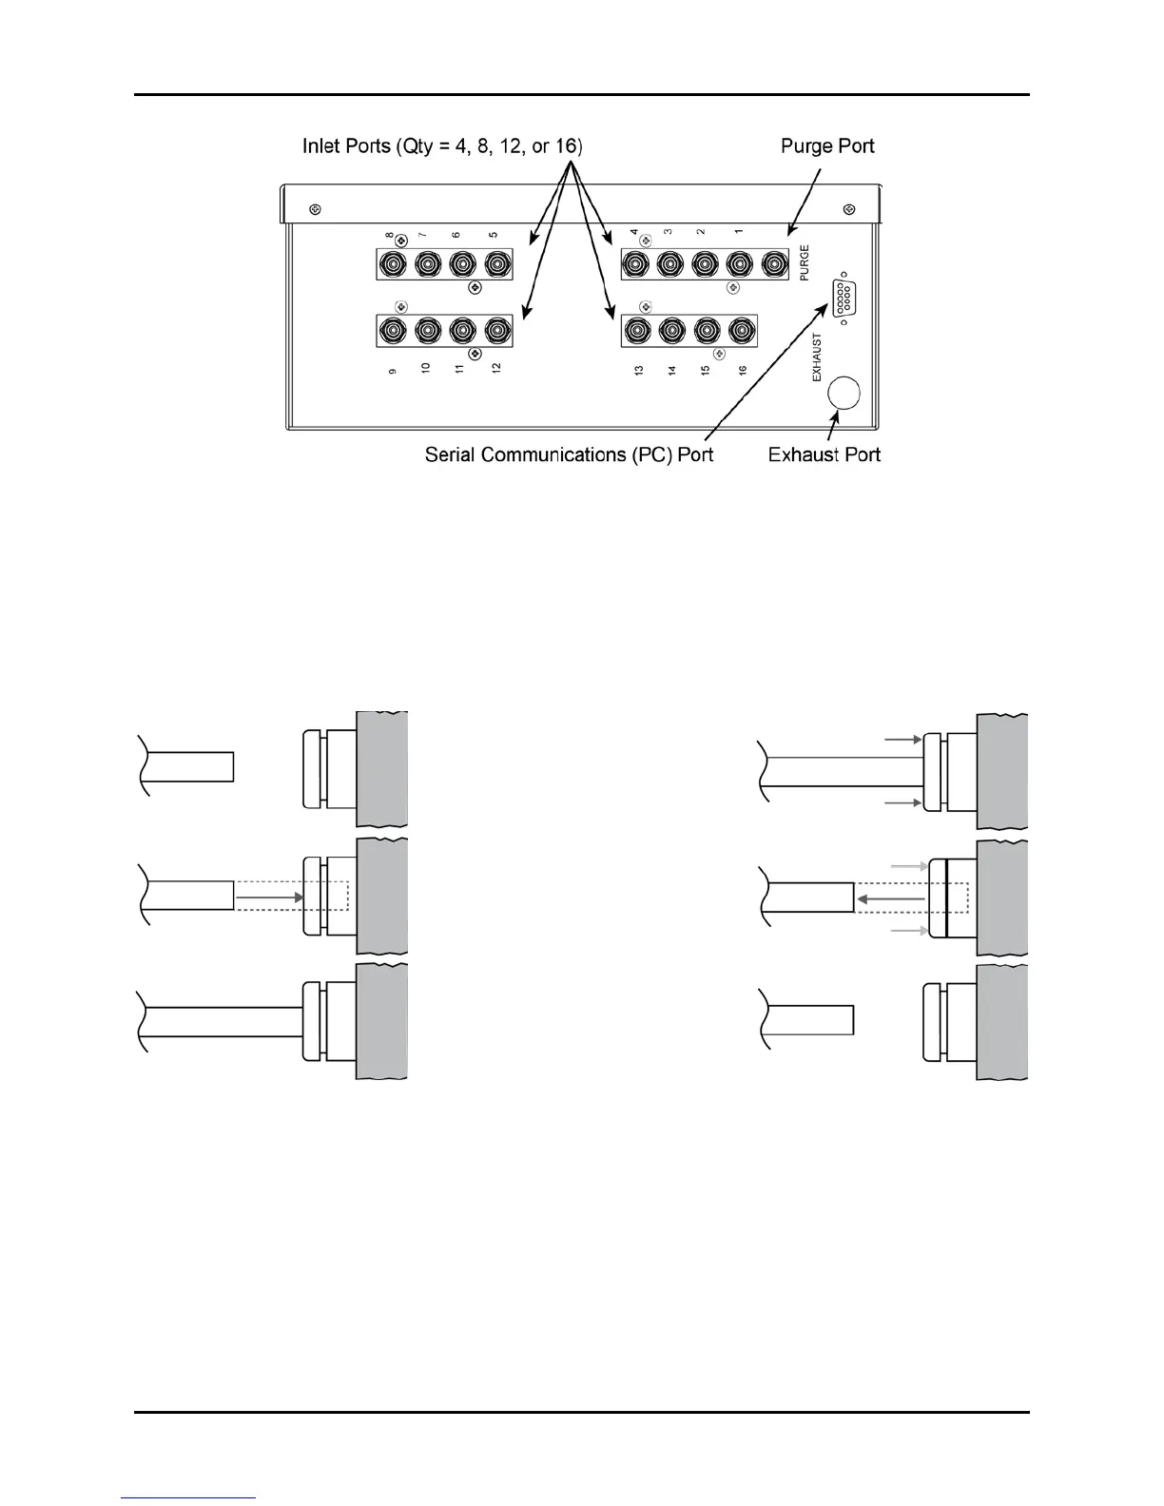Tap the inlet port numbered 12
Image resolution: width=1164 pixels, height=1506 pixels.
click(496, 331)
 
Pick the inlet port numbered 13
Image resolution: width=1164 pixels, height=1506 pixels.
click(636, 331)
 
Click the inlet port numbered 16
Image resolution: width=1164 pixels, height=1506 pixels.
click(740, 331)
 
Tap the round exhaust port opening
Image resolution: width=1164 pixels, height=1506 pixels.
click(844, 393)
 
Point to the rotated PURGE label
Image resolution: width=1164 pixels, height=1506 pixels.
click(805, 261)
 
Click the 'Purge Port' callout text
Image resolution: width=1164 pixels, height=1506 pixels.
click(827, 146)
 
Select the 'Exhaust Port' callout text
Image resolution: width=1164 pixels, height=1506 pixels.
click(824, 454)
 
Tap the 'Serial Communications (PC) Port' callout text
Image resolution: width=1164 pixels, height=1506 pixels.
click(569, 454)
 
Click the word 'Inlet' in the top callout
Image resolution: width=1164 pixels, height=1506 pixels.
click(324, 146)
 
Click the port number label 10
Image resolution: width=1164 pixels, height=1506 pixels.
click(426, 368)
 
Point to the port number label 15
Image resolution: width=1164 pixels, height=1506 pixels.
click(706, 369)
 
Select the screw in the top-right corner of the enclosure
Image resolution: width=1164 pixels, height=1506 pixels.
click(849, 209)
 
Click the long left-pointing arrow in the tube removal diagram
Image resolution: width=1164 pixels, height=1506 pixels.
click(890, 898)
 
